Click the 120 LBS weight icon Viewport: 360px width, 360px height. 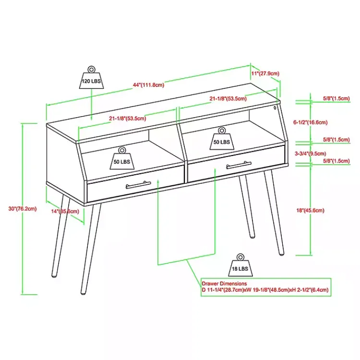click(92, 78)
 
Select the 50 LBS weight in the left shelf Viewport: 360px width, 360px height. click(122, 158)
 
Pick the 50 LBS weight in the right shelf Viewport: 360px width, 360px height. click(221, 138)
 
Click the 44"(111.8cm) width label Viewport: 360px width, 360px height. click(149, 85)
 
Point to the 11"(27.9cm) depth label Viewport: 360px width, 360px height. click(265, 73)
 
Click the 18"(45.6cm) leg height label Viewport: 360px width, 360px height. click(310, 210)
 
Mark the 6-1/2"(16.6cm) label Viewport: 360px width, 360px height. click(311, 122)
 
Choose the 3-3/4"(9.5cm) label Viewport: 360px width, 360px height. click(310, 154)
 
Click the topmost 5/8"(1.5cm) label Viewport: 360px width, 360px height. click(336, 98)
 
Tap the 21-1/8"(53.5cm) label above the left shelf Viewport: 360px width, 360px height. click(128, 118)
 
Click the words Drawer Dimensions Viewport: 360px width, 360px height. click(224, 284)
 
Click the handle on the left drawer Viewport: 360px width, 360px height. click(138, 184)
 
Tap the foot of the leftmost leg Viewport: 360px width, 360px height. click(54, 276)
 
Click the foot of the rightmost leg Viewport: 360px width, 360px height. click(282, 252)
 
